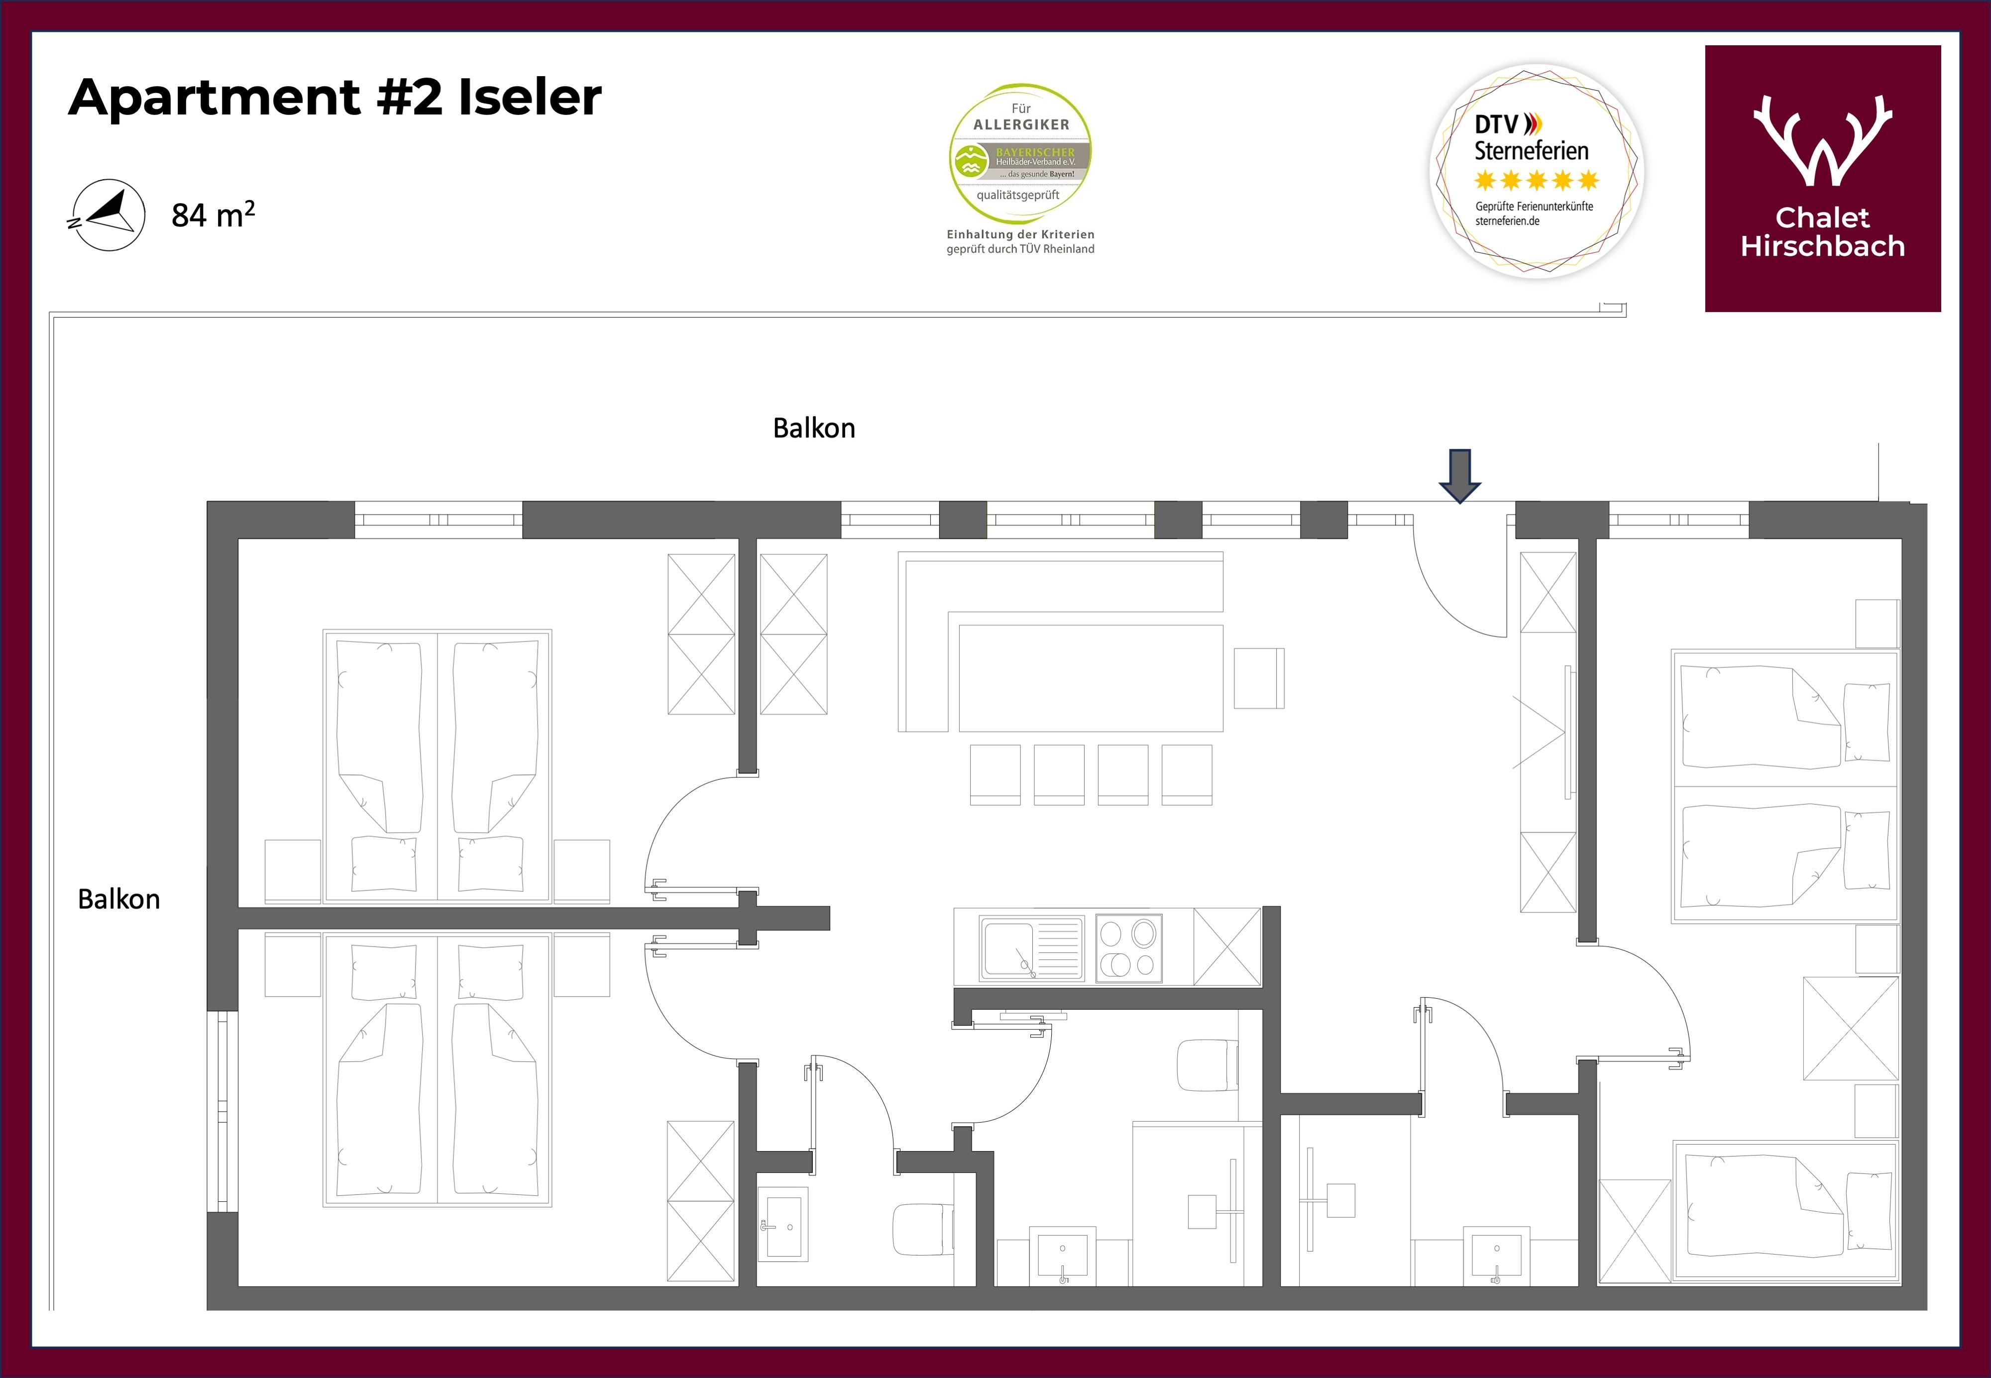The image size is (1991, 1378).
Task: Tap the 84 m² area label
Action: (x=213, y=214)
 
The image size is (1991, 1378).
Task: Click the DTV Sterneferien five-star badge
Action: (x=1537, y=171)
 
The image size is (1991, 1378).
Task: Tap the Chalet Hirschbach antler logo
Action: (x=1823, y=139)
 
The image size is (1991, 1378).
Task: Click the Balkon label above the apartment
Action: (x=813, y=428)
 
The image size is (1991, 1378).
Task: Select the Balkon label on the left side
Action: (x=118, y=900)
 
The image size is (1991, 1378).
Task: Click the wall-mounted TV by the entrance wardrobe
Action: (x=1569, y=732)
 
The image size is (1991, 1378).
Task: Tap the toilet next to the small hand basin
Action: (x=923, y=1230)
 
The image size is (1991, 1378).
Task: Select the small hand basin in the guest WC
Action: (x=783, y=1223)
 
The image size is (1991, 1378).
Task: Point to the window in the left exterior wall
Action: (x=223, y=1111)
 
